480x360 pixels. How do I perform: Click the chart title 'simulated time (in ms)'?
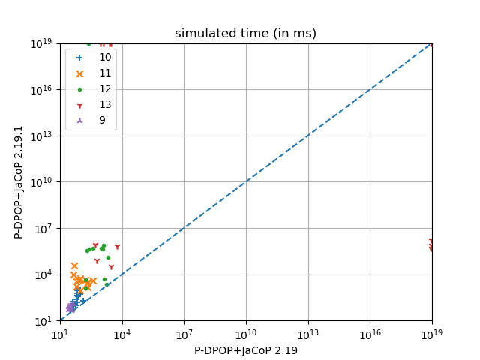[x=245, y=34]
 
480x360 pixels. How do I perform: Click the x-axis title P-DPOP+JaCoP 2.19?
[x=245, y=350]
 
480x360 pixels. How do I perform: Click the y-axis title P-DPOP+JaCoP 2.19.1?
[x=19, y=182]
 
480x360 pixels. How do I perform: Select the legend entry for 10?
[x=105, y=57]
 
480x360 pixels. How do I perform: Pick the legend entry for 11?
[x=105, y=73]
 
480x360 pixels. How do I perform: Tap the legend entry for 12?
[x=105, y=88]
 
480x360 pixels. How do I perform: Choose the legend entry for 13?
[x=105, y=104]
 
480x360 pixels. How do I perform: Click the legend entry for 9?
[x=102, y=120]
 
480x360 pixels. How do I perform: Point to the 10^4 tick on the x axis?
[x=122, y=334]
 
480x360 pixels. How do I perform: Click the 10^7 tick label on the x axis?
[x=184, y=334]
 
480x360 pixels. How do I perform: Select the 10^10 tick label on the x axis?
[x=246, y=334]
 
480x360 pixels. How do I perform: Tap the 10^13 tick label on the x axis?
[x=308, y=334]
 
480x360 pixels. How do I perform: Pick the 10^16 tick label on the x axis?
[x=370, y=334]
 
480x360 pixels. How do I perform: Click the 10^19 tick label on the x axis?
[x=432, y=334]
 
